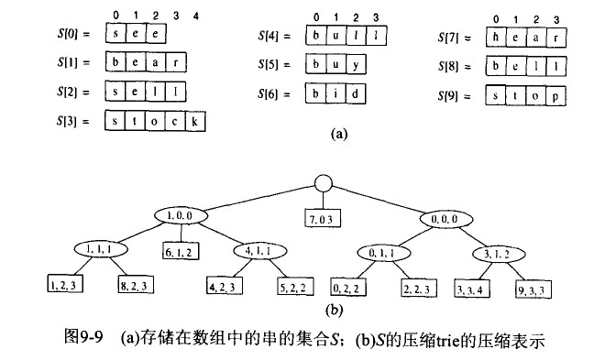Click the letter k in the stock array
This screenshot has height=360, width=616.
(198, 122)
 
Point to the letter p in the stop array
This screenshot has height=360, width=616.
(555, 96)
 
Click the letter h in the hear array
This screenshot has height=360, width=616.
(496, 37)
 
